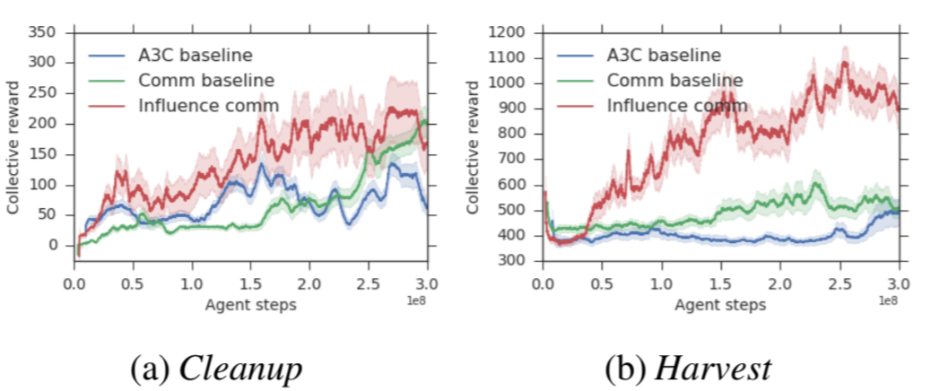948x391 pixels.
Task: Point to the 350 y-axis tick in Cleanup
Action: (43, 33)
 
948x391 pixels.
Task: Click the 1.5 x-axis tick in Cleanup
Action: (250, 285)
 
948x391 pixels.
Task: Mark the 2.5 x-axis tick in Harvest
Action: (839, 285)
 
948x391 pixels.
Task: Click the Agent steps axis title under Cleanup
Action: (250, 305)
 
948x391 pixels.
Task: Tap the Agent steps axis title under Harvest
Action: (720, 305)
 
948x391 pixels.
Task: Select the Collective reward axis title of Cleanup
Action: (13, 147)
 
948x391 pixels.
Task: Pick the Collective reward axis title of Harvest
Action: (473, 147)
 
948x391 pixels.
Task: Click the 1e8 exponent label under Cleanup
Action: (417, 299)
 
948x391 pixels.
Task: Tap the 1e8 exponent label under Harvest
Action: (888, 299)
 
